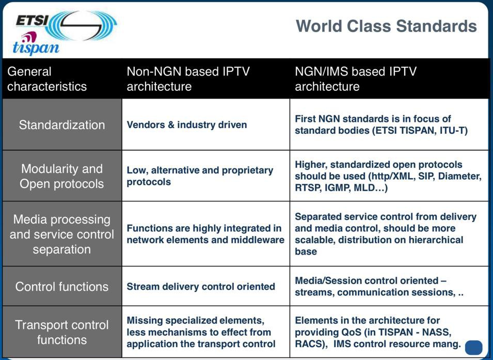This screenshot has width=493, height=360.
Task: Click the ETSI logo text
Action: point(32,21)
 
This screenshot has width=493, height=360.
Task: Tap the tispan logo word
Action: point(36,48)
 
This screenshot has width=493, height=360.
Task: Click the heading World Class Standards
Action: point(387,26)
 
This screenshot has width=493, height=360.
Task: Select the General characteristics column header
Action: point(47,79)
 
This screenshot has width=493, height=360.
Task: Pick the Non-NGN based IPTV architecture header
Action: point(188,79)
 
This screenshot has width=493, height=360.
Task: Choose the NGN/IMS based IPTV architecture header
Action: point(356,79)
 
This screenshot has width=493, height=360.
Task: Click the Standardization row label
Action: point(62,125)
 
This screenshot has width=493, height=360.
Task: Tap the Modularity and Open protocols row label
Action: point(61,176)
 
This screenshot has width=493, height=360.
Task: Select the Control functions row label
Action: point(62,287)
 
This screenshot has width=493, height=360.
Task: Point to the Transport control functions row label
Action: point(62,332)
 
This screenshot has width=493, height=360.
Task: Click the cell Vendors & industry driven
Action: point(187,125)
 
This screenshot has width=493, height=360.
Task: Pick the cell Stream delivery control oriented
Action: point(201,287)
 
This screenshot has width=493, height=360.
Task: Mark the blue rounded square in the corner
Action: point(473,348)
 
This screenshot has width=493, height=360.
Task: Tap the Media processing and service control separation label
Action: point(62,234)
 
